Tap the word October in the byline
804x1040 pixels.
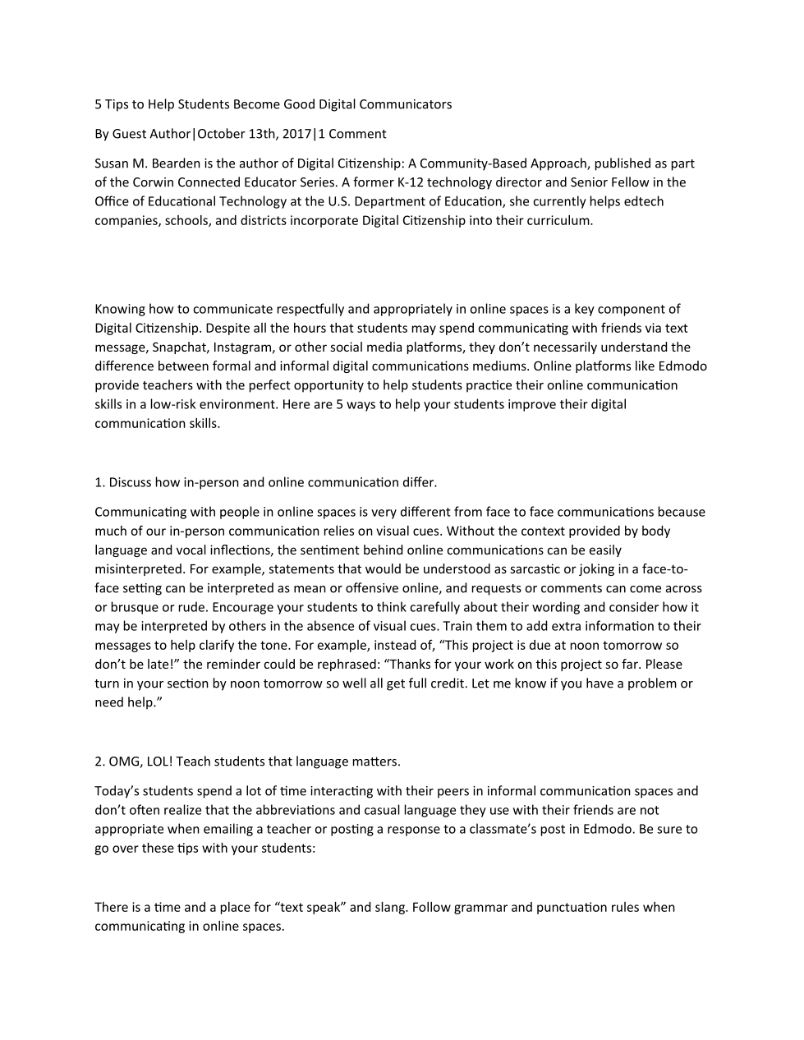click(x=224, y=134)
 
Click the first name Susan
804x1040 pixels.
click(x=113, y=163)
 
